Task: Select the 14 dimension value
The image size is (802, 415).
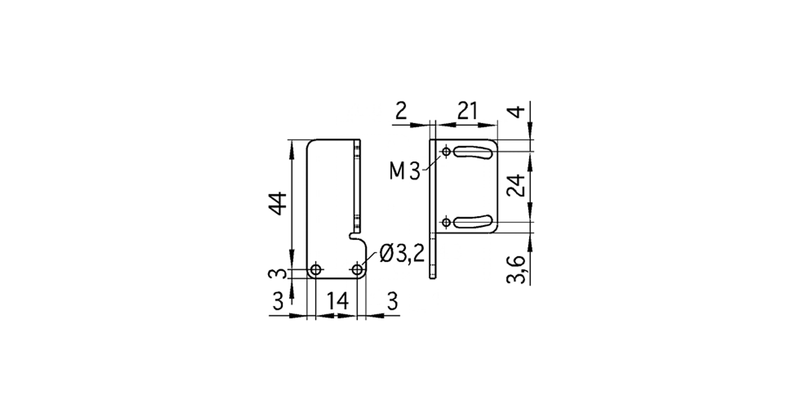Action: point(337,301)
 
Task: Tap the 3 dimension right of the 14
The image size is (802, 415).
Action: point(392,301)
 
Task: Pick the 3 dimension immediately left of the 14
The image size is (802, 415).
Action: point(278,301)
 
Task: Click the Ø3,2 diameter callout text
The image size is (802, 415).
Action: point(402,255)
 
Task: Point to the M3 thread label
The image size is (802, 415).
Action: point(405,171)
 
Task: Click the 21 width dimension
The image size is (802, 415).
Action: point(467,111)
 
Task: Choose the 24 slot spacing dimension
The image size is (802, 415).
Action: point(517,185)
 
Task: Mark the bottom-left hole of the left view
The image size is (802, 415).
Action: point(315,270)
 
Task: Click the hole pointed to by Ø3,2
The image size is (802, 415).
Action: point(358,270)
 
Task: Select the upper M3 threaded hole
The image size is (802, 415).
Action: point(446,152)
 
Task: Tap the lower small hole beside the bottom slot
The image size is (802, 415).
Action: point(446,223)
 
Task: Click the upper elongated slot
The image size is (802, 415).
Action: point(474,152)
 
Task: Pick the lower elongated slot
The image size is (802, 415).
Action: point(474,222)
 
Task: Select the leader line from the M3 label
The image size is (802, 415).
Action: point(432,162)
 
